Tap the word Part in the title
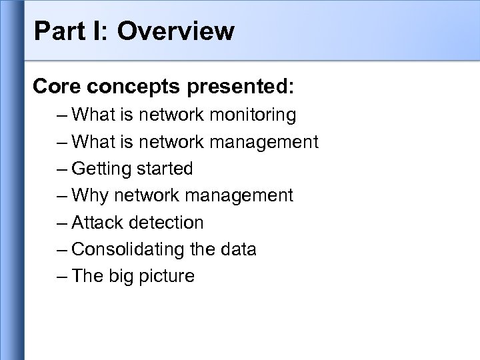click(x=55, y=31)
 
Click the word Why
click(x=90, y=195)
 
